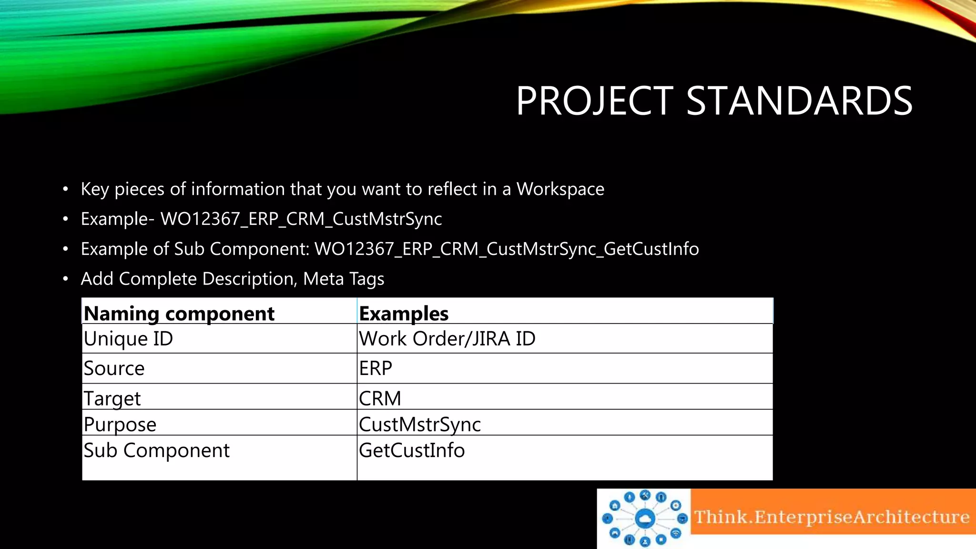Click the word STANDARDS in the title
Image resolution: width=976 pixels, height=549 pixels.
[x=799, y=101]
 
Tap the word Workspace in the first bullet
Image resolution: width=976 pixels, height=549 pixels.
[x=560, y=189]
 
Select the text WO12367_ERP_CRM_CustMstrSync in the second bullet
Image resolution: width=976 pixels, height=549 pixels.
[x=301, y=219]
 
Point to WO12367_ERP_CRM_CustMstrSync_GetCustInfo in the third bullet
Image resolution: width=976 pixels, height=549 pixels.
[x=507, y=249]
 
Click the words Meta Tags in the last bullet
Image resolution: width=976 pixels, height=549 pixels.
[x=344, y=279]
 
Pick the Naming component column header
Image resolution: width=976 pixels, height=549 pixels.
[x=179, y=314]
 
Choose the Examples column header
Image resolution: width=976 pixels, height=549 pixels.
[x=404, y=314]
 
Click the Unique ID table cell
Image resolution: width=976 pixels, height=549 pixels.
[x=128, y=339]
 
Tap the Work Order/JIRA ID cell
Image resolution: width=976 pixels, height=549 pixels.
[x=447, y=339]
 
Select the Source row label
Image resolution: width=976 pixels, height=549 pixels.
[x=114, y=368]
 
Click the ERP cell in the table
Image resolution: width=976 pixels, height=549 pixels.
[x=376, y=368]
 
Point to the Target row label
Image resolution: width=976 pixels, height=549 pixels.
[x=112, y=398]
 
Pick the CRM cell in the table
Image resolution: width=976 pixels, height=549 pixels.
[x=380, y=398]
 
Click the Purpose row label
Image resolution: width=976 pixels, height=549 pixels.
[x=120, y=424]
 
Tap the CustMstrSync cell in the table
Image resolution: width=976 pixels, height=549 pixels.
[x=420, y=424]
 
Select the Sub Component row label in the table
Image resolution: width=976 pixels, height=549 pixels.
[x=156, y=450]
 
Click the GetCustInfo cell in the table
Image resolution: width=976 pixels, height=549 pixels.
[x=412, y=450]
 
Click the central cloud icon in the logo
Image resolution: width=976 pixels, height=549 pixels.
[x=645, y=518]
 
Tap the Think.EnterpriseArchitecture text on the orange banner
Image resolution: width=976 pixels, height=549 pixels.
[x=832, y=517]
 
